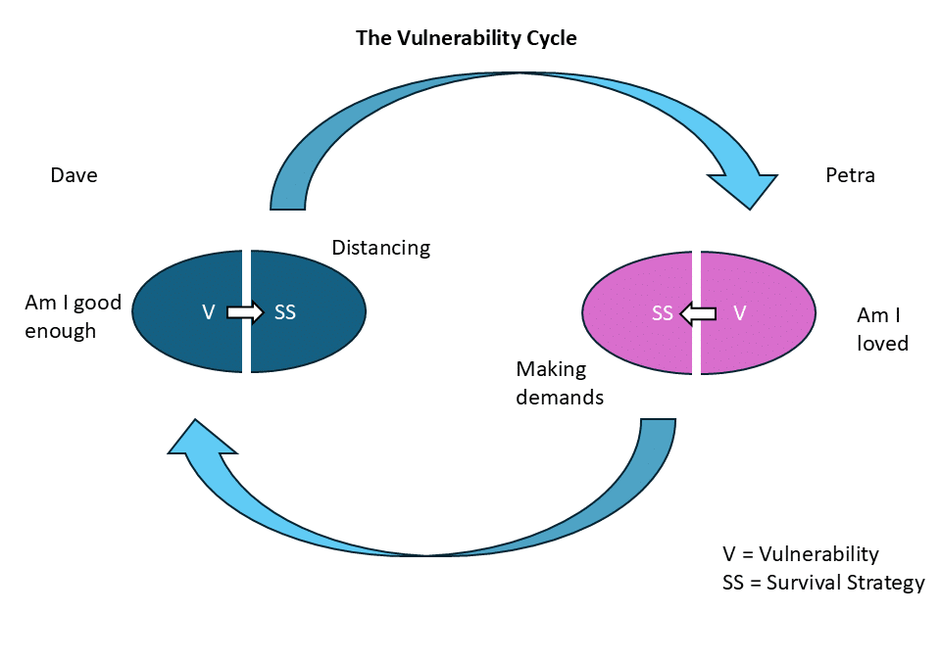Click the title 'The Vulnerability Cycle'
[466, 38]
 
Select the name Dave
[74, 175]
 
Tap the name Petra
[850, 175]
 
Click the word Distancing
[380, 247]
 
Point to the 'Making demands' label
[560, 383]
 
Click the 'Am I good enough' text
[73, 316]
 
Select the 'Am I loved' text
[882, 329]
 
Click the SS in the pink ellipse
[663, 313]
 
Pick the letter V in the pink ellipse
[740, 313]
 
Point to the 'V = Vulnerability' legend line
[800, 554]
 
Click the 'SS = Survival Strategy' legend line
[822, 583]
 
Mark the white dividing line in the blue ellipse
[246, 274]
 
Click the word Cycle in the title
[550, 38]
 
